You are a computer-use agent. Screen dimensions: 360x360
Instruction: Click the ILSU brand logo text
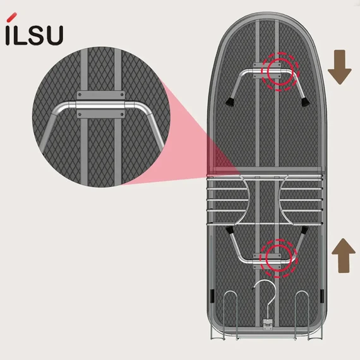[34, 35]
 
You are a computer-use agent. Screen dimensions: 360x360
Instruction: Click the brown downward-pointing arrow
[340, 67]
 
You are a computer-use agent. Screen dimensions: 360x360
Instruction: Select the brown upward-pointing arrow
[344, 256]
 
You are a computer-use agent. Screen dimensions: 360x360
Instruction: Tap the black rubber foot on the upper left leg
[230, 102]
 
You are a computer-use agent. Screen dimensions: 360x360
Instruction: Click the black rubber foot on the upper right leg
[305, 102]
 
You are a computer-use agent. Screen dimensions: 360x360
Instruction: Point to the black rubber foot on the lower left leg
[229, 230]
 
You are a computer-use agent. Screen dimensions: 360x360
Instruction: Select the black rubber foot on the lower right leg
[304, 230]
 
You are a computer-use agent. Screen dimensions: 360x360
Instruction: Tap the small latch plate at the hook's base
[268, 324]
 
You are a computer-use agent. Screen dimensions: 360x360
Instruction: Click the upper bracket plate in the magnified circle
[101, 95]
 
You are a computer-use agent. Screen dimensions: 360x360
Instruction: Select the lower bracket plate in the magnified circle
[101, 114]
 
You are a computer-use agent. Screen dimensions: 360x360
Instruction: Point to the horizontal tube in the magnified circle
[100, 105]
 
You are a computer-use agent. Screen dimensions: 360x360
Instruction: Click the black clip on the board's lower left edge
[212, 296]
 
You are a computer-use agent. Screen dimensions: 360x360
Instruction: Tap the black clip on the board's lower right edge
[322, 296]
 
